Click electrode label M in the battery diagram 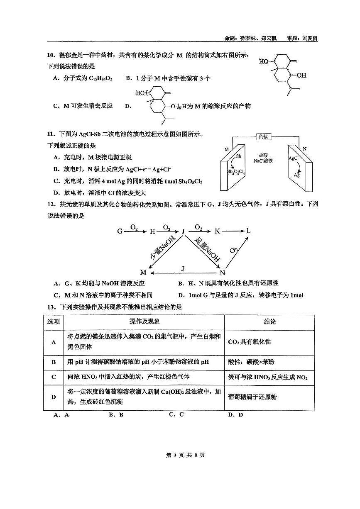[227, 149]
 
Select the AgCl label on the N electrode [294, 158]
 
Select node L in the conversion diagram [248, 231]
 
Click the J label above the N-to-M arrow [183, 268]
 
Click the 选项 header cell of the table [54, 321]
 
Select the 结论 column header [270, 321]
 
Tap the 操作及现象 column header [144, 321]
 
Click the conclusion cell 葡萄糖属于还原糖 [252, 397]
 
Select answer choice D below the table [236, 414]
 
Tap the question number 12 [51, 204]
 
